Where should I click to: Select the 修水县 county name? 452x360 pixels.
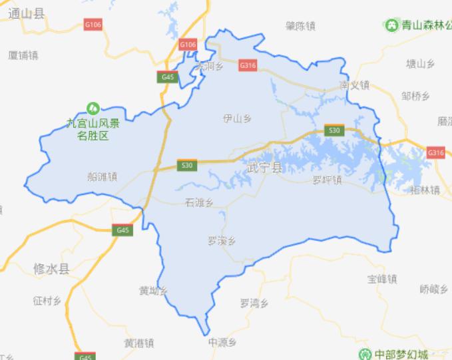tap(51, 269)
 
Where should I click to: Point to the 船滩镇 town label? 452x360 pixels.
tap(102, 177)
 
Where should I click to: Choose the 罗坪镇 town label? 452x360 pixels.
tap(327, 180)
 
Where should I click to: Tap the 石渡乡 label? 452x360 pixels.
tap(198, 203)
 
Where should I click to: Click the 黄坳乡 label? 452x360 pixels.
tap(152, 291)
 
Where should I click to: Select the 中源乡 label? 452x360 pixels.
tap(222, 342)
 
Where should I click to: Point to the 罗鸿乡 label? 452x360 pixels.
tap(254, 303)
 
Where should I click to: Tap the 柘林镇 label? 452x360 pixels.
tap(425, 190)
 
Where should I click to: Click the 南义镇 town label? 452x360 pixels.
tap(353, 86)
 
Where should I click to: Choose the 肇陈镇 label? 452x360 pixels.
tap(300, 26)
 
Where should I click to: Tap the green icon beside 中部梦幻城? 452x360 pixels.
tap(364, 353)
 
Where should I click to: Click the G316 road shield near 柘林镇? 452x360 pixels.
tap(435, 152)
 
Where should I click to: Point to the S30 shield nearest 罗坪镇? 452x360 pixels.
tap(334, 130)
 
